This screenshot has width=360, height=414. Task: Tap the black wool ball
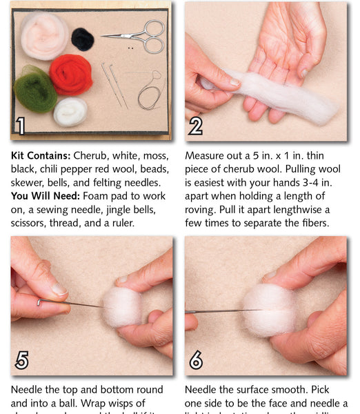83,39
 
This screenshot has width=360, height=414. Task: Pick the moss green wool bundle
34,89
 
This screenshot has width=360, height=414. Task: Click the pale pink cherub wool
44,34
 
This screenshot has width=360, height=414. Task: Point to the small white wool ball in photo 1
70,110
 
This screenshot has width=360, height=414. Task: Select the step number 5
22,359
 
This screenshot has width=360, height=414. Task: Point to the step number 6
196,359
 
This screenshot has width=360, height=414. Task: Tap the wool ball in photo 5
121,306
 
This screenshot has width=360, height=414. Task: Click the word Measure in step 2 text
208,156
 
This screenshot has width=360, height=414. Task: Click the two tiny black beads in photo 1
129,48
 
